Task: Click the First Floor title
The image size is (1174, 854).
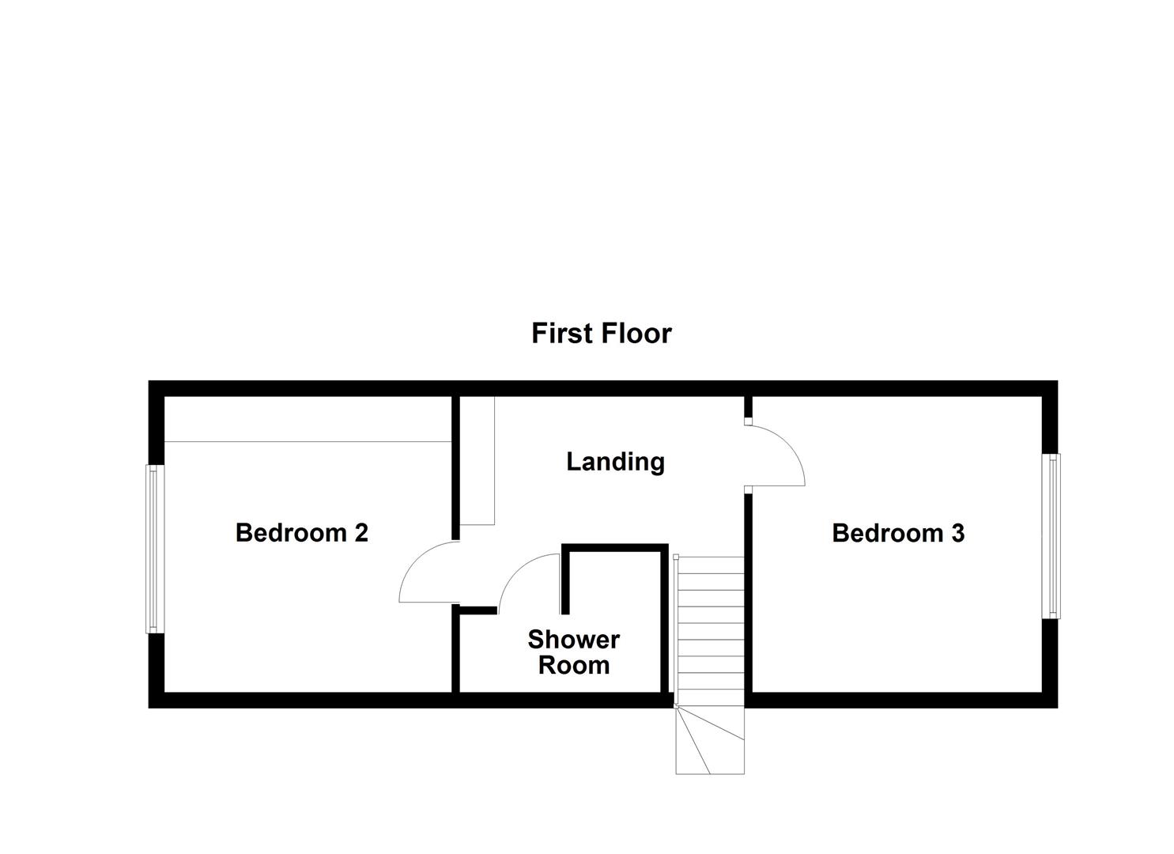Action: (601, 334)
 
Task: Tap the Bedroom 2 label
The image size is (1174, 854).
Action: (301, 533)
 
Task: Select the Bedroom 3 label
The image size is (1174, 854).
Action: (897, 533)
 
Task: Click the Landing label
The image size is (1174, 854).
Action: (615, 462)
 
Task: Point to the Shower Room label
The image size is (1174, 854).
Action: (573, 652)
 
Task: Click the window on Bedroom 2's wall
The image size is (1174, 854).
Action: (154, 549)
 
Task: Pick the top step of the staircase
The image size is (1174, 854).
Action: (709, 565)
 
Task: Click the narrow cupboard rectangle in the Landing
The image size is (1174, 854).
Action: (478, 460)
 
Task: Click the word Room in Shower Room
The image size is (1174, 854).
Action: (573, 665)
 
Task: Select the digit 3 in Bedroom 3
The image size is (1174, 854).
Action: (957, 533)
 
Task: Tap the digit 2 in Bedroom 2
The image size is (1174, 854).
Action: (361, 533)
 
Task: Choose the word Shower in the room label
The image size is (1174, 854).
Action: (573, 639)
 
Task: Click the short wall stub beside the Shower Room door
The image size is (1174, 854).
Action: (478, 610)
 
